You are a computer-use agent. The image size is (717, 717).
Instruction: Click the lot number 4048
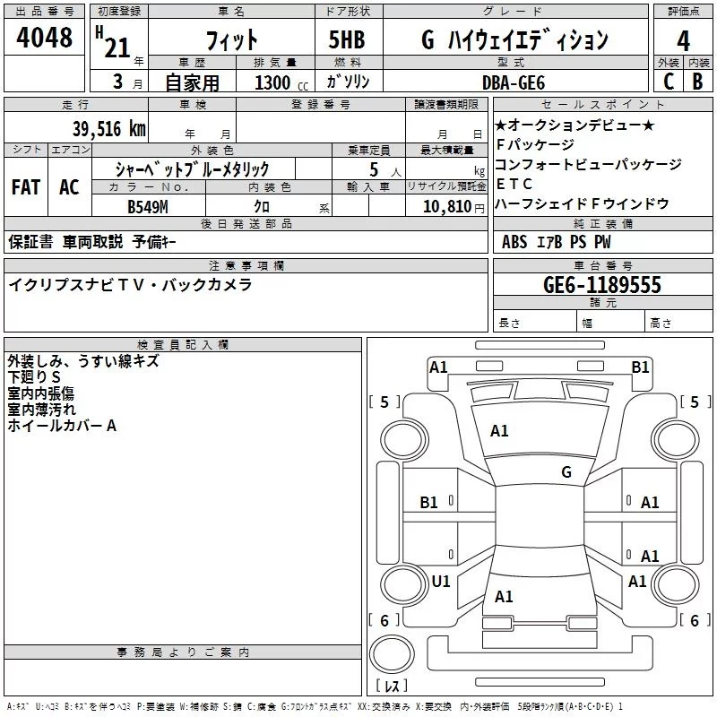coord(45,39)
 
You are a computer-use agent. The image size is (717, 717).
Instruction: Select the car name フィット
coord(231,40)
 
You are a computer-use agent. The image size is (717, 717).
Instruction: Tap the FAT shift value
coord(25,187)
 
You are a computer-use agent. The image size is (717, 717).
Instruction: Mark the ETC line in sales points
coord(514,184)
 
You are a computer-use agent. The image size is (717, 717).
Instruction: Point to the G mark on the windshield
coord(566,471)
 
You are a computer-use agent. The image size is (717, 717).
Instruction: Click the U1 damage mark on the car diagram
coord(441,581)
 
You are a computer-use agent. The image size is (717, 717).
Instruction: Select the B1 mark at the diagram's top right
coord(640,367)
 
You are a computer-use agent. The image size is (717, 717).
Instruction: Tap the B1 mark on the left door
coord(429,503)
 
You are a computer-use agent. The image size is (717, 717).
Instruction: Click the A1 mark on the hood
coord(499,430)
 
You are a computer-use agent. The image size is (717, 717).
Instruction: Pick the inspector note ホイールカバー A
coord(62,426)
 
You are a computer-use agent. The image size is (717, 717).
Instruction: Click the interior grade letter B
coord(697,82)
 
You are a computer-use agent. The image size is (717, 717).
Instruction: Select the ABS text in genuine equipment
coord(514,242)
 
